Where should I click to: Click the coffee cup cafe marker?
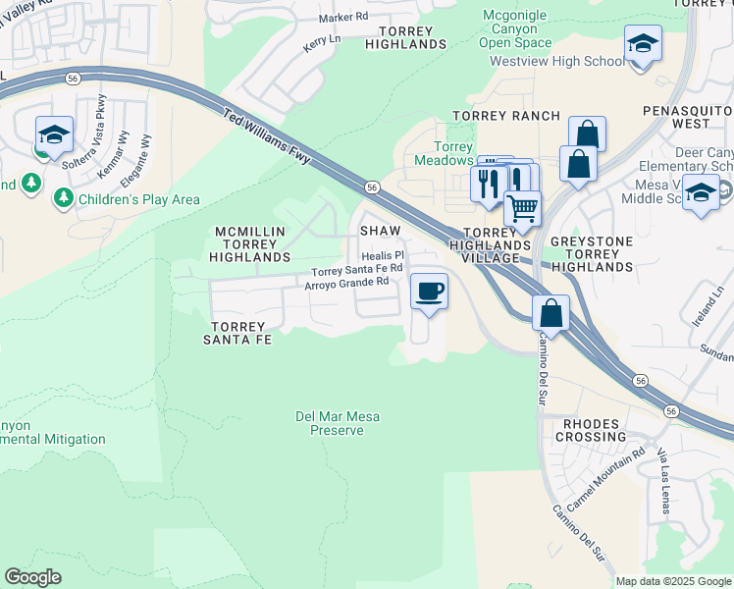coord(429,292)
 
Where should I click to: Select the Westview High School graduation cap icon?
coord(642,45)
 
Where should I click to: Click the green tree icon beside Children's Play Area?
coord(64,199)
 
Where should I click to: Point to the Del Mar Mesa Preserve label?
coord(338,423)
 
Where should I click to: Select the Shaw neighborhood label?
coord(381,229)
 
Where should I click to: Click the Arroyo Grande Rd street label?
coord(346,283)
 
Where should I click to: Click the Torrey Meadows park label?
coord(444,153)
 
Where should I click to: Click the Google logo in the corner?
coord(33,577)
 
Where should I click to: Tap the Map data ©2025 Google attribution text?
coord(672,581)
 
